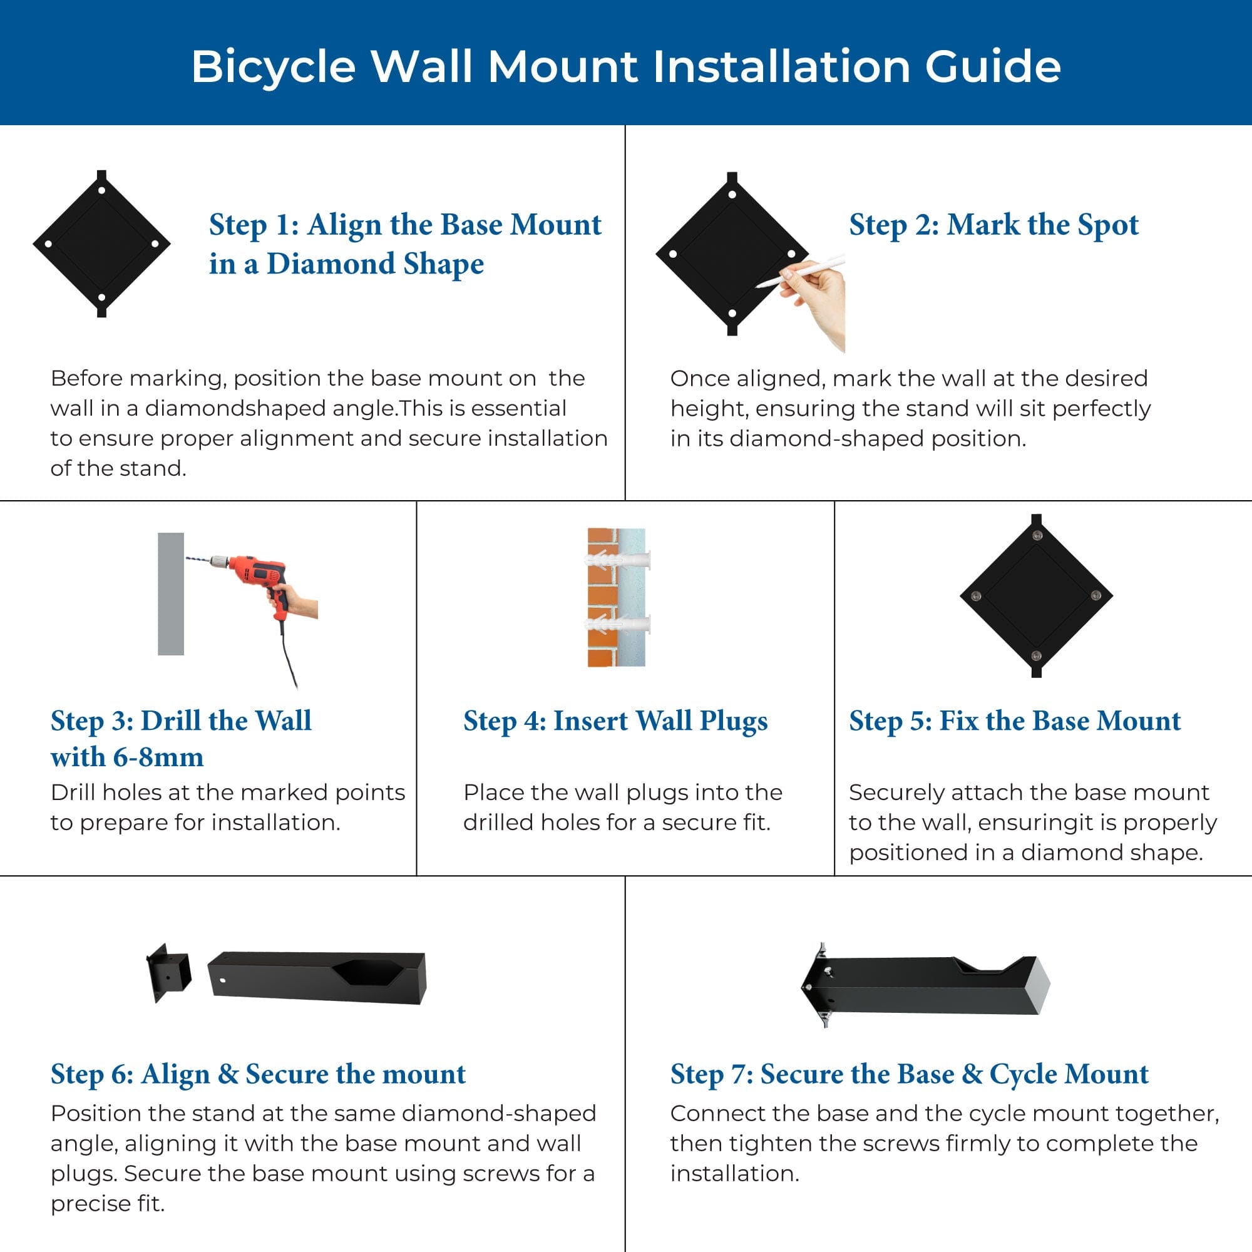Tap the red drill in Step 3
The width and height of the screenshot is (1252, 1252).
259,573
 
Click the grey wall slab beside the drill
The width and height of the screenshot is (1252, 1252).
170,593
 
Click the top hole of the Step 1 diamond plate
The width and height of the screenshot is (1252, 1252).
102,190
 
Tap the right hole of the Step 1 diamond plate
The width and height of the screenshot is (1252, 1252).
155,244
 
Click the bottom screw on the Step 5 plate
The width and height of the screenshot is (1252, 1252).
1035,656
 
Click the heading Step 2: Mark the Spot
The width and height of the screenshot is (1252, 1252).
993,225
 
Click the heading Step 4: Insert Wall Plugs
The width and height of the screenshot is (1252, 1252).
615,721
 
